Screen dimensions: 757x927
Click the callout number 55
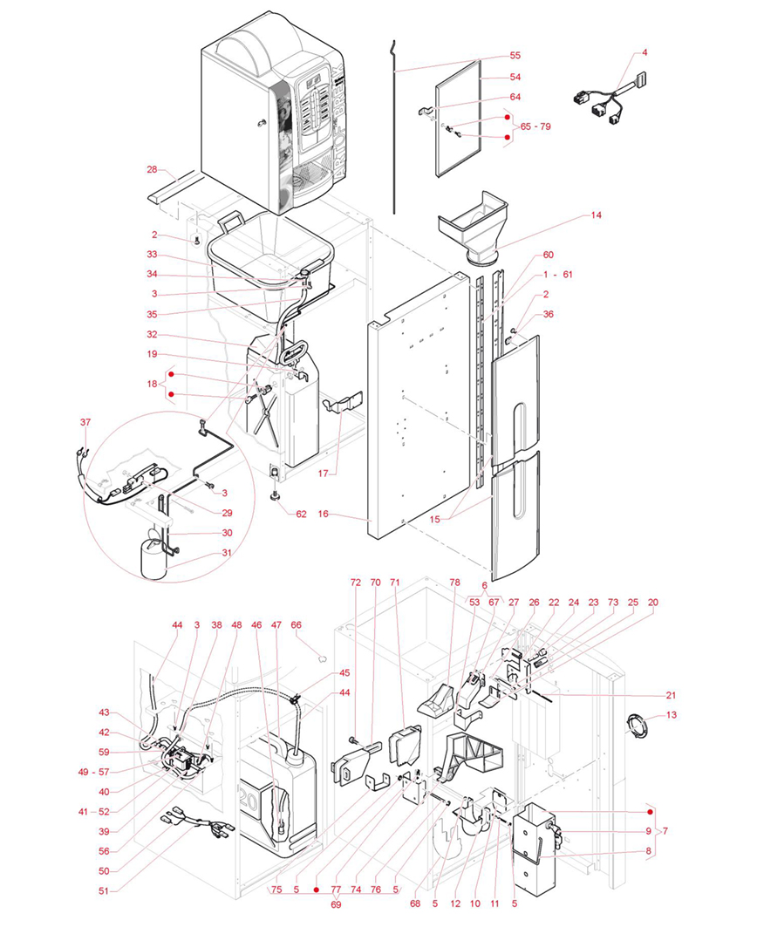(x=515, y=56)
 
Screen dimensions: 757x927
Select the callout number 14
(x=597, y=215)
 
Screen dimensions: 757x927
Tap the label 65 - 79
(x=535, y=126)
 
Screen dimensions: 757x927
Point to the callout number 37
(x=85, y=422)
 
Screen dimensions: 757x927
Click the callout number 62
(x=302, y=515)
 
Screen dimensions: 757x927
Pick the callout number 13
(x=672, y=715)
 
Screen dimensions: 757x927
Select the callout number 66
(x=297, y=625)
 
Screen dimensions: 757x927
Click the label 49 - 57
(x=94, y=772)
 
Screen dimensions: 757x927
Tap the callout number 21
(x=671, y=695)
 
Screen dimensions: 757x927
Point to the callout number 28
(x=152, y=170)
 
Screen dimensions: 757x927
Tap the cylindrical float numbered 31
(x=153, y=560)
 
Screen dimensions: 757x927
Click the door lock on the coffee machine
(x=260, y=123)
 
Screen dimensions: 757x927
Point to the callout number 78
(x=454, y=583)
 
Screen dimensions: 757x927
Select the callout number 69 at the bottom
(x=336, y=904)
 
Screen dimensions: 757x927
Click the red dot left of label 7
(x=651, y=812)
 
